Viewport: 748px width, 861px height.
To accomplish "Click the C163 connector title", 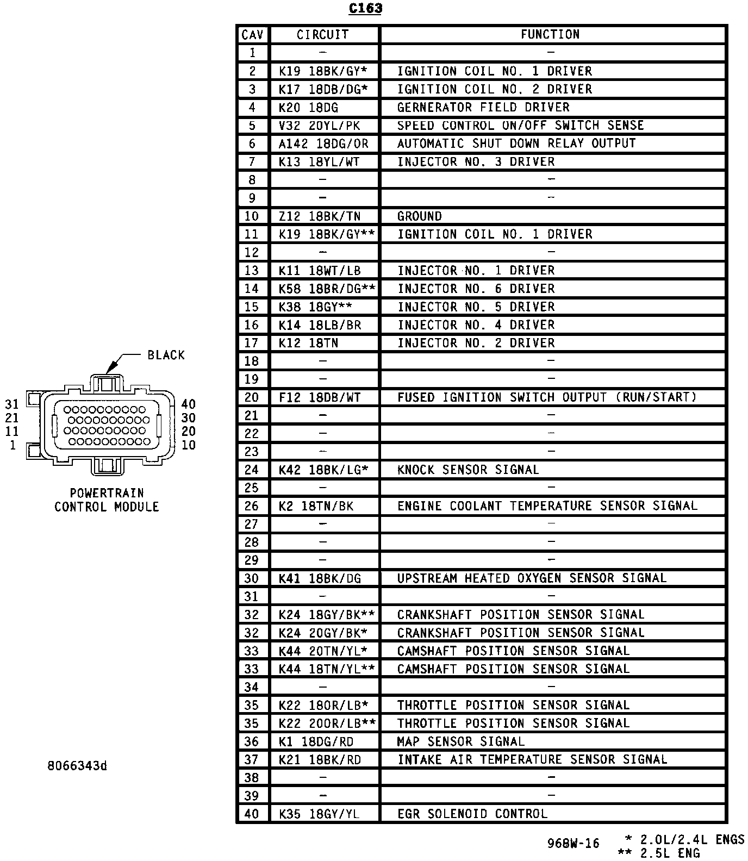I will pos(365,9).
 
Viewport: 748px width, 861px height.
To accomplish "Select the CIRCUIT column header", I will pos(323,35).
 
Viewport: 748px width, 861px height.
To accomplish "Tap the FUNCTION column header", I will pos(550,35).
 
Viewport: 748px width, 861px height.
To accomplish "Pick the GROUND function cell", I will pos(420,216).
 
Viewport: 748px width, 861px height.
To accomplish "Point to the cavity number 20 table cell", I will pos(252,397).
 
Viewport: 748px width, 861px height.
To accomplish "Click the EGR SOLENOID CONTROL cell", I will pos(472,814).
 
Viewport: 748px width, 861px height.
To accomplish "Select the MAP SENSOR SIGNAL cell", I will pos(461,741).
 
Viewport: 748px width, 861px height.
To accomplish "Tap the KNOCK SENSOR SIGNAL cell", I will pos(468,470).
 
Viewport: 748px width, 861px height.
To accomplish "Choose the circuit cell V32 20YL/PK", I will pos(320,126).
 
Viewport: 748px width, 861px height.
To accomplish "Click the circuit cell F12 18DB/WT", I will pos(320,397).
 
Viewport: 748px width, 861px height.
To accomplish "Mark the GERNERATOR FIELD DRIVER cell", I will pos(483,108).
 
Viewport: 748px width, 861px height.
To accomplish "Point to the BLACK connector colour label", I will pos(166,355).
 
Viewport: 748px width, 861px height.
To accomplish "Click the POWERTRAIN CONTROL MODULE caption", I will pos(107,500).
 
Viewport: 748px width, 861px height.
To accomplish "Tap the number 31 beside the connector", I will pos(12,404).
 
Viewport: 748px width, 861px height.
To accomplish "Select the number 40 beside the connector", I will pos(189,404).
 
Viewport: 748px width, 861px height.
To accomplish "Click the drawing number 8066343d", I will pos(77,766).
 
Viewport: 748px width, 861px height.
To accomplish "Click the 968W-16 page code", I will pos(574,844).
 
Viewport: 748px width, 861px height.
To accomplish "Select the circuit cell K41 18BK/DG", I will pos(320,578).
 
